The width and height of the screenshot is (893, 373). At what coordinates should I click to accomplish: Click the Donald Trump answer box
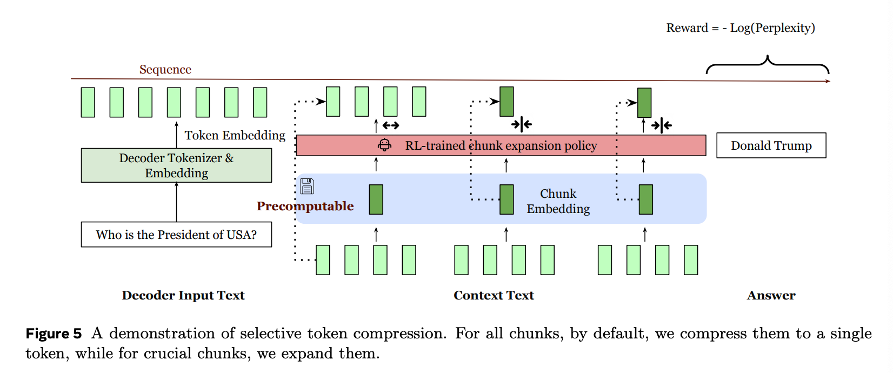click(x=771, y=145)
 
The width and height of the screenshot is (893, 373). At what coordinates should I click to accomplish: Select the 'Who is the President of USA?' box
click(x=176, y=235)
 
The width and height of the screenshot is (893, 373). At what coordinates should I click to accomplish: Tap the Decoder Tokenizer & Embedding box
click(x=176, y=165)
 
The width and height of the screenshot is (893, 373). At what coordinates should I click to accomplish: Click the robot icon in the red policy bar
click(x=384, y=145)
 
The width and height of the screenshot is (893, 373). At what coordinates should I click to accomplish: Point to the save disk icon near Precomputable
click(x=307, y=186)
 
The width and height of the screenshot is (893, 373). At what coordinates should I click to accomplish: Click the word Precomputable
click(x=305, y=206)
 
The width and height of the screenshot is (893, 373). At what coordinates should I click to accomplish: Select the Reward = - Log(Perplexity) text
click(x=740, y=28)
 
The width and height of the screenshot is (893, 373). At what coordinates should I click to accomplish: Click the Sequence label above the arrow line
click(x=165, y=69)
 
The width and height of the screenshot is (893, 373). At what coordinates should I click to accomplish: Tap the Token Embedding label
click(x=235, y=135)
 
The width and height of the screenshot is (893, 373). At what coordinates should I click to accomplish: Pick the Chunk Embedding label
click(x=558, y=201)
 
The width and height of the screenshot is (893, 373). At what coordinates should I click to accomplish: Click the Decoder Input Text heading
click(x=183, y=295)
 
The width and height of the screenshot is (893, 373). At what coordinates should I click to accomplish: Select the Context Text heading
click(x=494, y=295)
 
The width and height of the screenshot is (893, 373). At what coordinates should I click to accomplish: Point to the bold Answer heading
click(x=771, y=295)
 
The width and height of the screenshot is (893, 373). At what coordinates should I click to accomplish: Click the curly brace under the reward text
click(x=768, y=64)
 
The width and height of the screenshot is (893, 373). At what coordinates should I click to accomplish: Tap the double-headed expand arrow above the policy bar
click(x=390, y=125)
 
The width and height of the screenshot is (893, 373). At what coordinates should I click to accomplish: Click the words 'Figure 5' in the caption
click(x=54, y=334)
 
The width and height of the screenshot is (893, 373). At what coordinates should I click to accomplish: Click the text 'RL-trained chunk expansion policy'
click(x=501, y=145)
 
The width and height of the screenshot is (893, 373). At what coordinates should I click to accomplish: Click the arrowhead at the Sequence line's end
click(x=827, y=81)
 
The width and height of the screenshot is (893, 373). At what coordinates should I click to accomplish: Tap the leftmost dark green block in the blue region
click(x=376, y=199)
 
